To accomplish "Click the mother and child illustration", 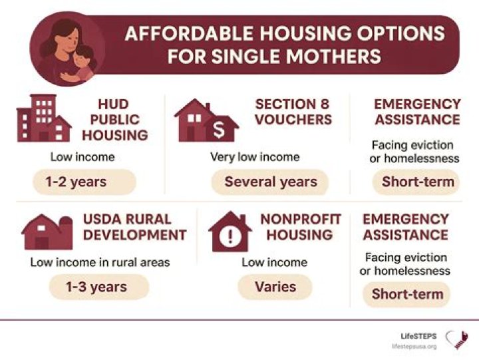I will coord(67,49).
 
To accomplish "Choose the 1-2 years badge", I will coord(84,181).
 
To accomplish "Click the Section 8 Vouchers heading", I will coord(293,112).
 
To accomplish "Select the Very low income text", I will coord(255,157).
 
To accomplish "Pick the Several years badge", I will coord(270,182).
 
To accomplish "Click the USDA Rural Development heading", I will coord(135,227).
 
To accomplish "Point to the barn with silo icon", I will coord(47,231).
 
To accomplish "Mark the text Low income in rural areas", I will coord(100,262).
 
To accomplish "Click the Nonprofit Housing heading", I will coord(300,227).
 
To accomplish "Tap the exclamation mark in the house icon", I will coord(230,235).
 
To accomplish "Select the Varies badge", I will coord(275,287).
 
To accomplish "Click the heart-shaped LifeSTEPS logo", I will coord(456,340).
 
